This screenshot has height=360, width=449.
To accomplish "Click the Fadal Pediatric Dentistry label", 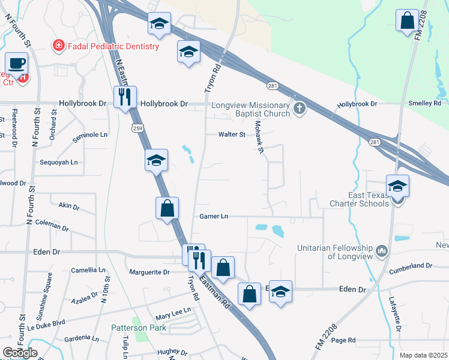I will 113,46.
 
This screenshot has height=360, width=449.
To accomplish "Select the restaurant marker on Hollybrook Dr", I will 125,97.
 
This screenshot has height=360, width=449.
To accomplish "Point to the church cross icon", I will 300,108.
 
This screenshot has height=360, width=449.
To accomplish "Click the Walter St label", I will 232,134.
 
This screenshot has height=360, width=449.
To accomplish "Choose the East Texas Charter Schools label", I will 359,199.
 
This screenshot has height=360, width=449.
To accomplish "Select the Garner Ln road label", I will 214,216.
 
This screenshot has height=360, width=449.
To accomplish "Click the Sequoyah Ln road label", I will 58,163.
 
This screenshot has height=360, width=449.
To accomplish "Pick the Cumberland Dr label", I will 411,265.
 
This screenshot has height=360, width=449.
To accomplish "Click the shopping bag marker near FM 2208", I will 407,20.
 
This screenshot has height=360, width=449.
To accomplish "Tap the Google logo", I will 20,353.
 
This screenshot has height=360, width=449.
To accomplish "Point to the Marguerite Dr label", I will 150,272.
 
